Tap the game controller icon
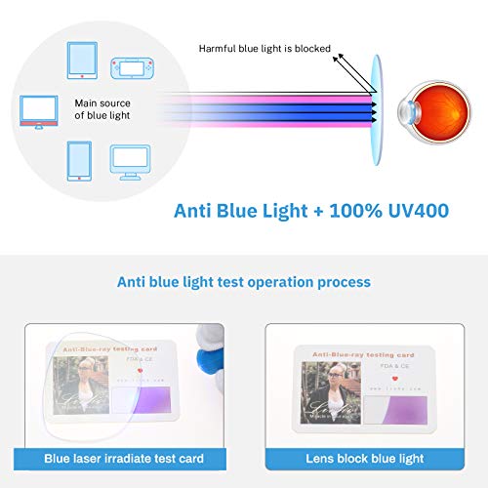133,68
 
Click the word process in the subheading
338,282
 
